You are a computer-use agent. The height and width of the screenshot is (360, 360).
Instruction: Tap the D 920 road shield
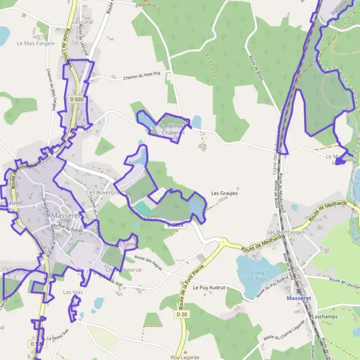76,99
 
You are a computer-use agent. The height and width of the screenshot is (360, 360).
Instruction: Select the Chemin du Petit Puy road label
142,76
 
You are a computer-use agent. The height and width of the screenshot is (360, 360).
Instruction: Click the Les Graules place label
224,194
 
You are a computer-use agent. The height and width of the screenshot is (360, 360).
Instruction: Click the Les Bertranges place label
286,232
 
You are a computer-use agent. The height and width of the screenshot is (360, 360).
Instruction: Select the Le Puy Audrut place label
208,288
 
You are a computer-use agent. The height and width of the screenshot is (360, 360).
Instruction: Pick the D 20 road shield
182,314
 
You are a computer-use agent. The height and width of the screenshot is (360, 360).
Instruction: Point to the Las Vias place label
73,292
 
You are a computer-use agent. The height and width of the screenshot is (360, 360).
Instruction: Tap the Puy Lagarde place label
184,356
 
